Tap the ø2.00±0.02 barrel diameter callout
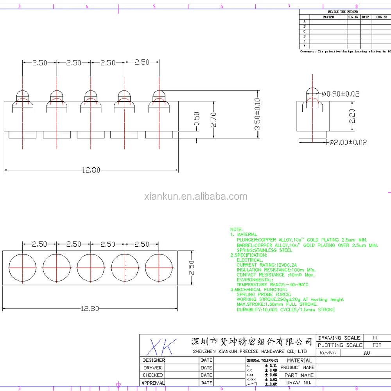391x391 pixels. [348, 143]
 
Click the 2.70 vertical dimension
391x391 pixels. [213, 119]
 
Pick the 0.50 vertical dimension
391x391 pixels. [197, 119]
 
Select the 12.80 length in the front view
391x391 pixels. [91, 170]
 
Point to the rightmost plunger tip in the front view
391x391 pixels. [159, 94]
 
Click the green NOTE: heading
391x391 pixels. [236, 230]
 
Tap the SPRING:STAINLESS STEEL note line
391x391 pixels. [264, 250]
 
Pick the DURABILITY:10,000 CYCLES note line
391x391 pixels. [285, 310]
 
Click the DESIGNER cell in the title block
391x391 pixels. [154, 360]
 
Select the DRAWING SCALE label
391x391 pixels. [339, 338]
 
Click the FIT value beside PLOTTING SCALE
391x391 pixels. [377, 345]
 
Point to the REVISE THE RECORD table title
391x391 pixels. [343, 12]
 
